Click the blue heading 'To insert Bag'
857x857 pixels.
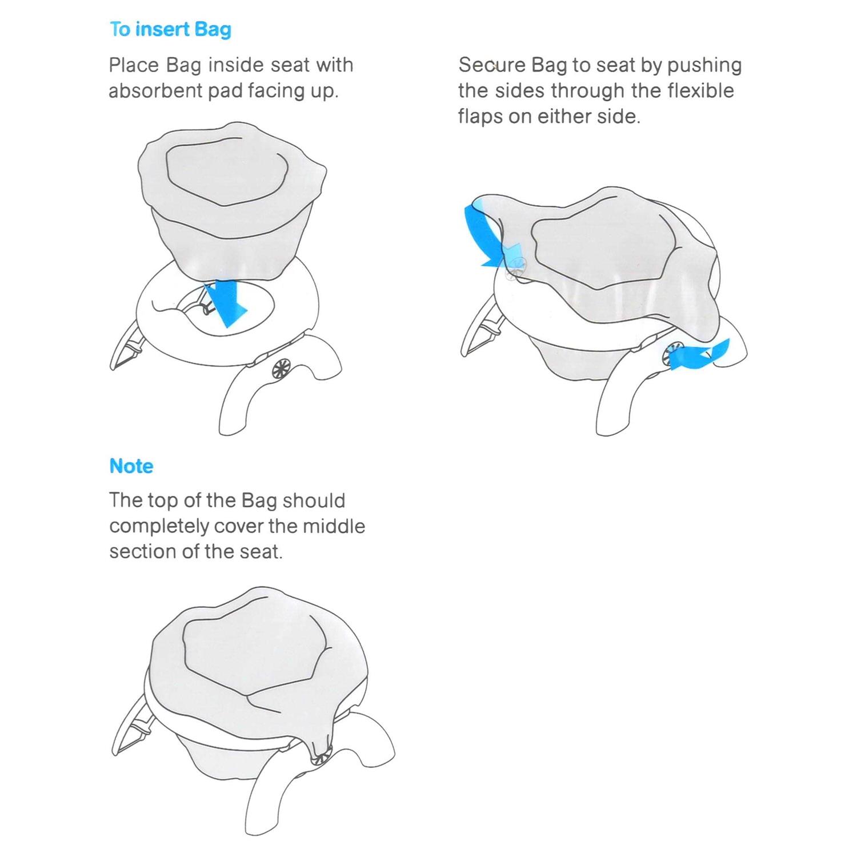click(x=170, y=29)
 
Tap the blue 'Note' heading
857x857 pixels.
click(x=131, y=466)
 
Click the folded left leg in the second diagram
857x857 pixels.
click(x=479, y=334)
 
